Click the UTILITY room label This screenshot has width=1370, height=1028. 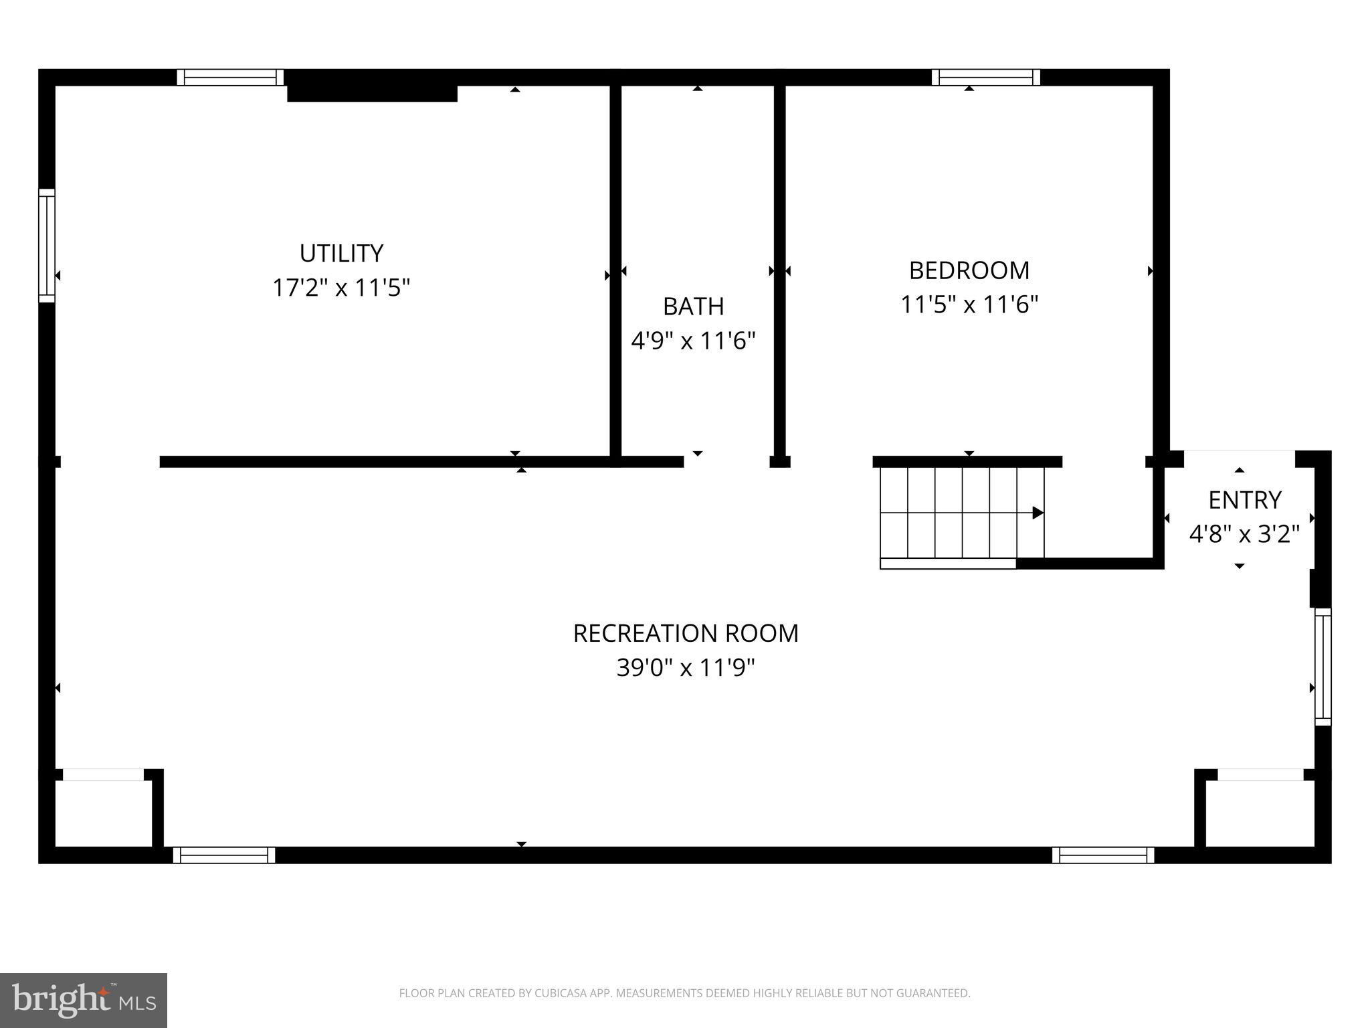(x=341, y=253)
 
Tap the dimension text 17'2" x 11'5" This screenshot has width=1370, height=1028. (x=341, y=288)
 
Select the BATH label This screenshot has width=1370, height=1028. (x=693, y=307)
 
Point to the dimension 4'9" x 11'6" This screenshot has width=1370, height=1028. (x=693, y=341)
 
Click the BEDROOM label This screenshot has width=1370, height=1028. (x=969, y=270)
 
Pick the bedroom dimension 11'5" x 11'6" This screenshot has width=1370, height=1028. (x=969, y=305)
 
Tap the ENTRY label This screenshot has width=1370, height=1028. (x=1244, y=500)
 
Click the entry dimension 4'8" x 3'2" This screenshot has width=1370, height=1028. (x=1244, y=535)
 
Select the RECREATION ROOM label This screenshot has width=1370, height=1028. (x=686, y=633)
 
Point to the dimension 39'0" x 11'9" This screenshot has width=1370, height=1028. (x=686, y=668)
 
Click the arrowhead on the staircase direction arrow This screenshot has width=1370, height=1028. (x=1038, y=513)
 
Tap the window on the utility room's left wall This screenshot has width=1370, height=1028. (x=46, y=246)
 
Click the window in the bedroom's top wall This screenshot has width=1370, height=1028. (x=985, y=78)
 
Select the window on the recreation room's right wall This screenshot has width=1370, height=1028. (x=1323, y=667)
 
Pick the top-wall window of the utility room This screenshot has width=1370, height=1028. (x=230, y=78)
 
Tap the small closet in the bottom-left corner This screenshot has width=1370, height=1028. (x=103, y=813)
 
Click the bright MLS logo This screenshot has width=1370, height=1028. (x=84, y=1001)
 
